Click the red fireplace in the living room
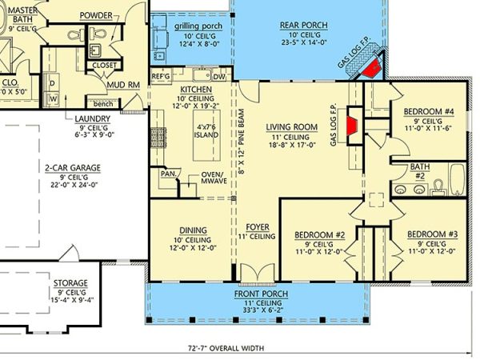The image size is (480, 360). [350, 124]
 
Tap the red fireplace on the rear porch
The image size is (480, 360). [370, 69]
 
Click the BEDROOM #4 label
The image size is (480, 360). [428, 110]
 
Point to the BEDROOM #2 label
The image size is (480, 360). [319, 234]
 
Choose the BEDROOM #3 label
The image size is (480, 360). [431, 234]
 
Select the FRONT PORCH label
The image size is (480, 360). [262, 294]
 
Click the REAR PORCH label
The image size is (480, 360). [300, 25]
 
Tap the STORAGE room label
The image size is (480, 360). [71, 283]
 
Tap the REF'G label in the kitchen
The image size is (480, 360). [161, 76]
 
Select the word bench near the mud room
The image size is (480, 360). [102, 104]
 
